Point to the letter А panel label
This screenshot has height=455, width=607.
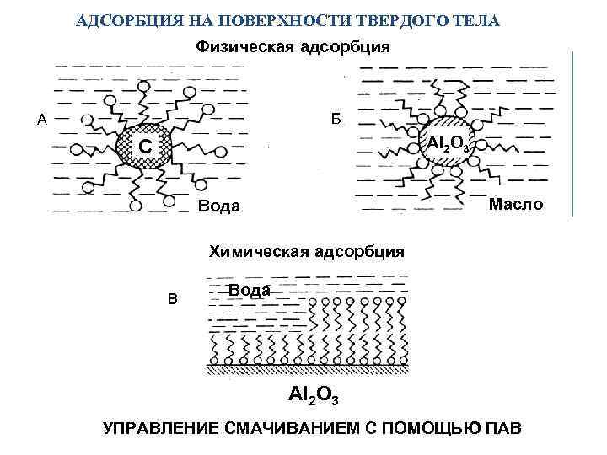pyautogui.click(x=40, y=120)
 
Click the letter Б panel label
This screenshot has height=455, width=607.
pyautogui.click(x=335, y=120)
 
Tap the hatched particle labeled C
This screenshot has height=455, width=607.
pyautogui.click(x=146, y=148)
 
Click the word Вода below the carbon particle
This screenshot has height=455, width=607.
pyautogui.click(x=218, y=206)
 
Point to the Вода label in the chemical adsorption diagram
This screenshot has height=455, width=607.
pyautogui.click(x=250, y=290)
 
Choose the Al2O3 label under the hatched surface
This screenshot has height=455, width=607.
pyautogui.click(x=312, y=394)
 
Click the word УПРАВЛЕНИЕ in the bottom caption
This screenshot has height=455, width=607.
pyautogui.click(x=164, y=429)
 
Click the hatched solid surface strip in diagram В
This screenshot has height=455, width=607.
pyautogui.click(x=309, y=369)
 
